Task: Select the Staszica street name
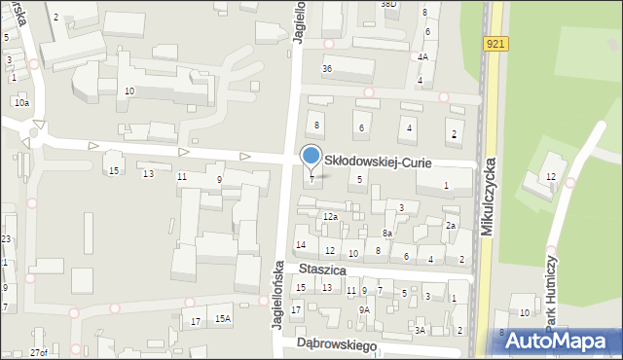pyautogui.click(x=324, y=270)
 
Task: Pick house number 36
pyautogui.click(x=327, y=69)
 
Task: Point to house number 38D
pyautogui.click(x=388, y=4)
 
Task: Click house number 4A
pyautogui.click(x=422, y=57)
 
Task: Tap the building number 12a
pyautogui.click(x=330, y=216)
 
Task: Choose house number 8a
pyautogui.click(x=386, y=234)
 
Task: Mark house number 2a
pyautogui.click(x=451, y=226)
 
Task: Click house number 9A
pyautogui.click(x=364, y=309)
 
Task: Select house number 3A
pyautogui.click(x=420, y=331)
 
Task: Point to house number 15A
pyautogui.click(x=223, y=318)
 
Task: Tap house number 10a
pyautogui.click(x=21, y=102)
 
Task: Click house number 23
pyautogui.click(x=6, y=239)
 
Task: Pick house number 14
pyautogui.click(x=301, y=244)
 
